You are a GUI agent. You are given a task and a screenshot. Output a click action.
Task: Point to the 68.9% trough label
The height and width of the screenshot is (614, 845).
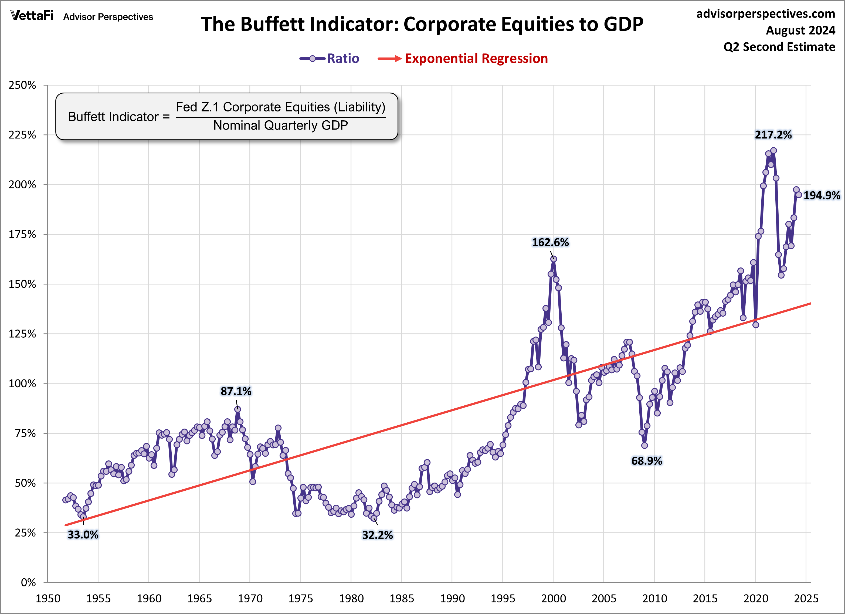tap(646, 461)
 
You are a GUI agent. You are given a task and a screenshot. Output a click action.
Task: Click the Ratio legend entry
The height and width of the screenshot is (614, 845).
tap(330, 59)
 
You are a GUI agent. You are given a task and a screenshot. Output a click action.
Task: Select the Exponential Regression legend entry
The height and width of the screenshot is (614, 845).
tap(463, 59)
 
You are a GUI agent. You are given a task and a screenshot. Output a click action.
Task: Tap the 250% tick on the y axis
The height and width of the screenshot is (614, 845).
tap(22, 85)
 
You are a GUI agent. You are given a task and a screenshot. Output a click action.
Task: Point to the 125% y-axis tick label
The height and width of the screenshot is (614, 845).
tap(22, 334)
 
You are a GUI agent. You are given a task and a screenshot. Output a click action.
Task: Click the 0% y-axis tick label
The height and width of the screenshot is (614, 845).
tap(28, 582)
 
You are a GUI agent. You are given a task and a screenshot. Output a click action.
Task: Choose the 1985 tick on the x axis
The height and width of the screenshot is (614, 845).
tap(401, 598)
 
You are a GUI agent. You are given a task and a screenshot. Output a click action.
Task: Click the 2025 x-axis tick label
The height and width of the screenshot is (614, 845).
tap(806, 598)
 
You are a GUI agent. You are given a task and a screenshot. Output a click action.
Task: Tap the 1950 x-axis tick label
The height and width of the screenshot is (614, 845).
tap(48, 598)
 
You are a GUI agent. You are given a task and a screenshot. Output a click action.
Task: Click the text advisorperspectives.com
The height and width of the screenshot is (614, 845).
tap(766, 14)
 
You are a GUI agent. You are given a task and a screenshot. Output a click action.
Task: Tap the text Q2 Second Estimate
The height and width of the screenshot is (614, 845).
tap(779, 47)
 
